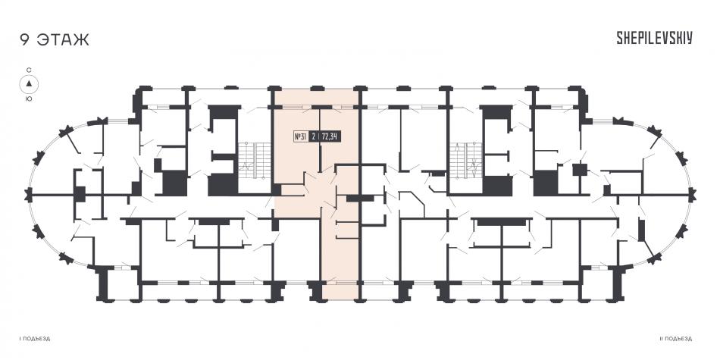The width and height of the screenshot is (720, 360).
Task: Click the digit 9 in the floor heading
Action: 24,39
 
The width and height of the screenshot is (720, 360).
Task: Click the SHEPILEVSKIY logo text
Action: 654,39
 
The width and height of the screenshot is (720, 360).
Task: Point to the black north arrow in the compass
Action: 29,83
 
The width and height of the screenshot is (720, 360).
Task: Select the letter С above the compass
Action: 29,70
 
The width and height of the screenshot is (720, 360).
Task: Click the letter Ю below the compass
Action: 29,99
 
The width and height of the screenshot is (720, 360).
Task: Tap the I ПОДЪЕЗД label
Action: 35,339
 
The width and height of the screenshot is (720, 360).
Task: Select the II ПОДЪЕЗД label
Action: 675,339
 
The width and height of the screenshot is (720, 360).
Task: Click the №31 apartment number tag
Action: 300,136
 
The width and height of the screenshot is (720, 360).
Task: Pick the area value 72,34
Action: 330,136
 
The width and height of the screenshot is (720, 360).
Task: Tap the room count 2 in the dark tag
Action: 313,136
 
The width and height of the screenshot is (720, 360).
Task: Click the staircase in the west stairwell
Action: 255,160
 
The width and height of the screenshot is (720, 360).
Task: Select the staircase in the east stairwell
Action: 465,160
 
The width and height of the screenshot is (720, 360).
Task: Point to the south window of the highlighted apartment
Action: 340,283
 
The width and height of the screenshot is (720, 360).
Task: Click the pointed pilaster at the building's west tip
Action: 29,195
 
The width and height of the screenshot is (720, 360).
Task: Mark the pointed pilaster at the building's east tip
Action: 692,195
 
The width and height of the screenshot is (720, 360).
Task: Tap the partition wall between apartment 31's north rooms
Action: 320,139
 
